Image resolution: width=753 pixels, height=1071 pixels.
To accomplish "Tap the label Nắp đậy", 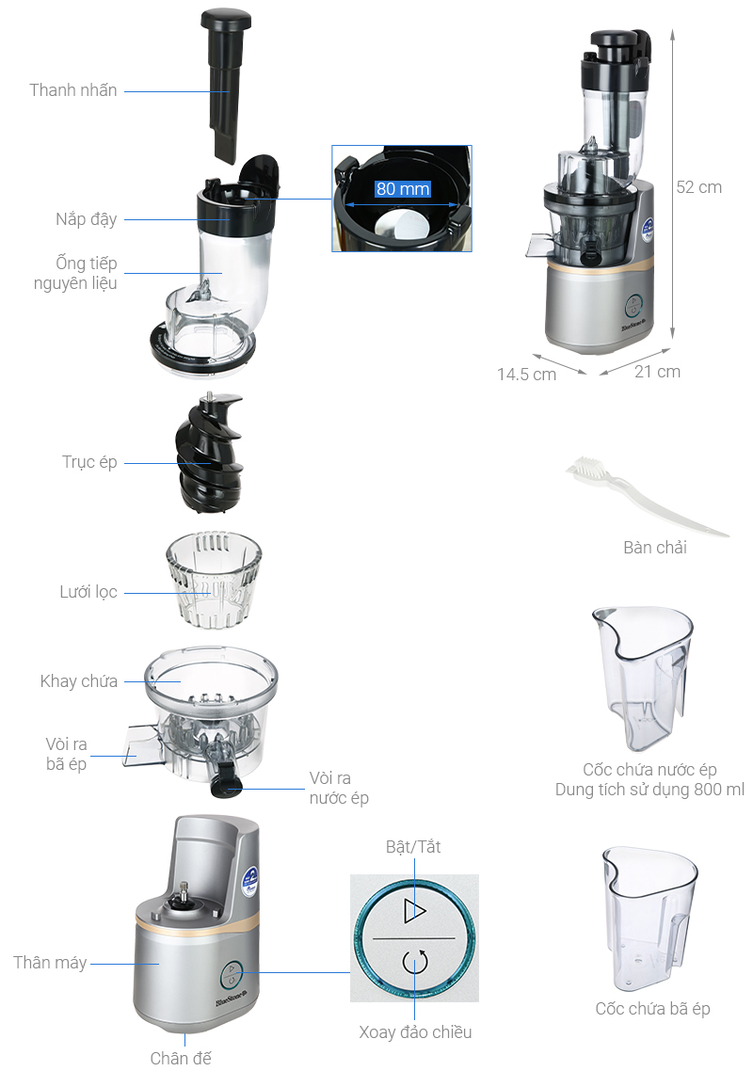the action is [x=86, y=219].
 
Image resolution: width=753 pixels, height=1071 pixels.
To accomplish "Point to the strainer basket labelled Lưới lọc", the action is [x=214, y=580].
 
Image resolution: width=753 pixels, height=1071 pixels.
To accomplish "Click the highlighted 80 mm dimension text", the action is [x=403, y=188].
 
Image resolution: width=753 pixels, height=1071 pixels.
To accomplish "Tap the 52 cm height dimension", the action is [x=698, y=187].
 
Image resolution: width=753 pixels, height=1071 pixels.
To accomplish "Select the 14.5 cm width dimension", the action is [x=526, y=375].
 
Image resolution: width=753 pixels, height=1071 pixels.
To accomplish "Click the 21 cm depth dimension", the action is [x=657, y=372].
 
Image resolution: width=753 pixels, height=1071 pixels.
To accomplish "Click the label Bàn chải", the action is [x=654, y=547].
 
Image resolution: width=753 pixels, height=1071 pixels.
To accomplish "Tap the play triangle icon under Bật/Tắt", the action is [x=414, y=910].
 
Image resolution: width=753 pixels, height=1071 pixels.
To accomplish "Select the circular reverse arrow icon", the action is [x=415, y=962].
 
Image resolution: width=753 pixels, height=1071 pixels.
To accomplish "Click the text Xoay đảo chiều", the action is [x=415, y=1031].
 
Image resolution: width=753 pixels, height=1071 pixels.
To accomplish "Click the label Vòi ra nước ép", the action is [x=339, y=788].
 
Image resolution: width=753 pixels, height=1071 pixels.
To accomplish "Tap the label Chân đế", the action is [x=181, y=1057].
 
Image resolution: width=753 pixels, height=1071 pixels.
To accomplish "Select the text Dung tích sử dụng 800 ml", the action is [x=649, y=790].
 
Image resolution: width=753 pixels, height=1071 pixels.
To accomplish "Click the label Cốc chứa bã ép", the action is [x=652, y=1008].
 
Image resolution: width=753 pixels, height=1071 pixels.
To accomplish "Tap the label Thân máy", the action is [x=50, y=963].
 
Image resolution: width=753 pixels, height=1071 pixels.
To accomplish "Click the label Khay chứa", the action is [x=78, y=681].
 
